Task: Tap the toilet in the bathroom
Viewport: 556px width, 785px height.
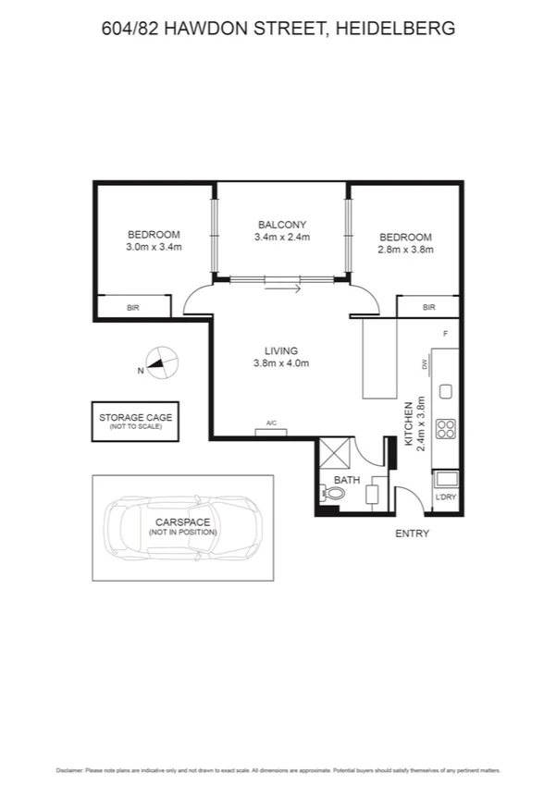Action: point(334,494)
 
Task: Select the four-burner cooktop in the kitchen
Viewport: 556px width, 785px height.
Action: point(445,429)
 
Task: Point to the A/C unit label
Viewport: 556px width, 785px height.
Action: point(271,423)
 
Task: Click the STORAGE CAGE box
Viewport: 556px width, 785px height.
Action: point(135,422)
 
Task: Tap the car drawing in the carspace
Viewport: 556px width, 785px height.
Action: point(182,528)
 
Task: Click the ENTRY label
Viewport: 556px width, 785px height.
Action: point(412,534)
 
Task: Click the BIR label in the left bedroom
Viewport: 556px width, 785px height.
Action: point(132,307)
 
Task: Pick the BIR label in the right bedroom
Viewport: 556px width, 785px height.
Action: point(428,307)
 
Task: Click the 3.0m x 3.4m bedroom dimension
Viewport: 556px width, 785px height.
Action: point(154,247)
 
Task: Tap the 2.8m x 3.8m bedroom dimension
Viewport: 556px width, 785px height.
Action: point(405,249)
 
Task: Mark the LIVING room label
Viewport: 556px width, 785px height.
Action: point(280,350)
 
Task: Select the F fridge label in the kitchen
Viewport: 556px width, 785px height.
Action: point(445,333)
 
